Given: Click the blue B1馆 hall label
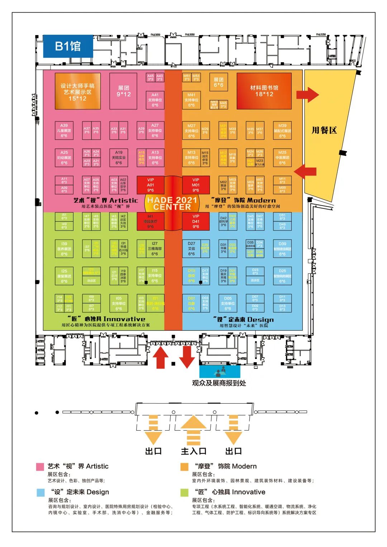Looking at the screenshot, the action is pyautogui.click(x=68, y=46).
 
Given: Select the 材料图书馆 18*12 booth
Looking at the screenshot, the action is pyautogui.click(x=264, y=91).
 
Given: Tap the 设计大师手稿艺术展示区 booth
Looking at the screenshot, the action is pyautogui.click(x=77, y=91).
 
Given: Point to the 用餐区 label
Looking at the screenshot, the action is pyautogui.click(x=324, y=130).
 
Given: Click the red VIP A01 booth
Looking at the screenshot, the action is pyautogui.click(x=150, y=185).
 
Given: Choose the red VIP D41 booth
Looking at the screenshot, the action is pyautogui.click(x=196, y=221).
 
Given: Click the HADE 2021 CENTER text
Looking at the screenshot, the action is pyautogui.click(x=172, y=203).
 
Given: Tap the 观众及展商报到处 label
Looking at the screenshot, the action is pyautogui.click(x=219, y=383).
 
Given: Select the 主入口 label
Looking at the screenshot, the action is pyautogui.click(x=193, y=451).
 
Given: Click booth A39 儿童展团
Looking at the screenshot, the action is pyautogui.click(x=64, y=130).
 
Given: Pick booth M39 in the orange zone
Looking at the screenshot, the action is pyautogui.click(x=282, y=130).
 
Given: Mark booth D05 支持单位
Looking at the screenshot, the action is pyautogui.click(x=228, y=303).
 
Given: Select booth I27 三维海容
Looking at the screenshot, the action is pyautogui.click(x=154, y=248).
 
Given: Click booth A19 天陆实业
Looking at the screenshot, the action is pyautogui.click(x=119, y=158).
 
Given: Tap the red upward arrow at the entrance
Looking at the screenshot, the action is pyautogui.click(x=161, y=357).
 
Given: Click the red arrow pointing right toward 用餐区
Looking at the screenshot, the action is pyautogui.click(x=307, y=95).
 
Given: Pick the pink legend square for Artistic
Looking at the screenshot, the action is pyautogui.click(x=40, y=466).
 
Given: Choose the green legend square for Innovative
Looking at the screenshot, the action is pyautogui.click(x=184, y=493).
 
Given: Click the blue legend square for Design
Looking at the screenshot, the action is pyautogui.click(x=40, y=493).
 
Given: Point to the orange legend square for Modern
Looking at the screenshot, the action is pyautogui.click(x=184, y=466).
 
